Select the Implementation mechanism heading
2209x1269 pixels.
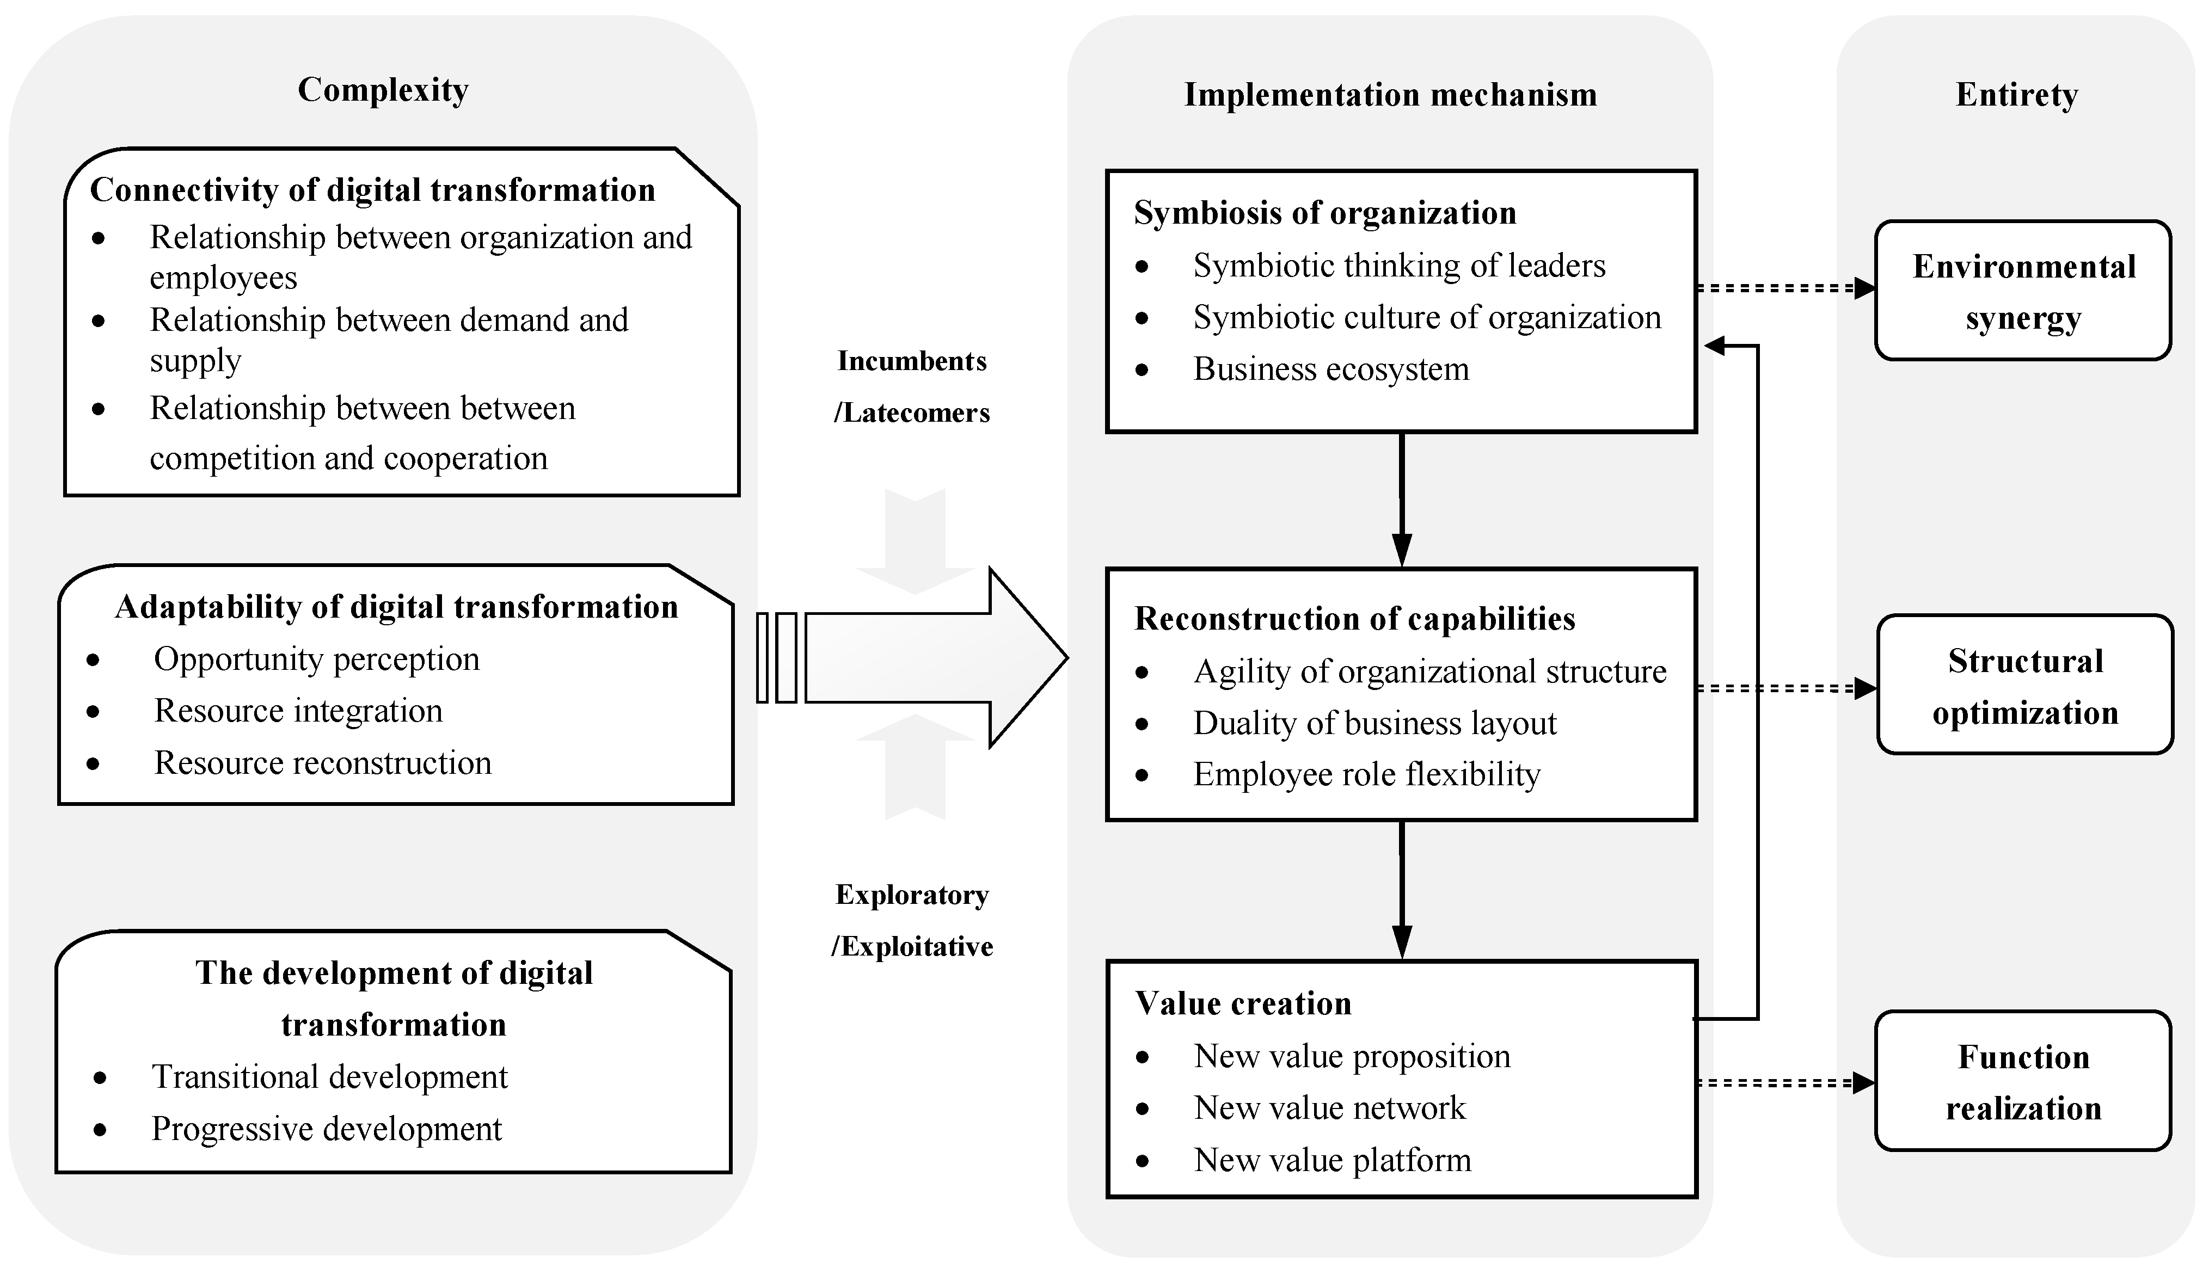pos(1390,94)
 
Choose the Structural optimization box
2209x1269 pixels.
pos(2024,686)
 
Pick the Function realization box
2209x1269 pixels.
pos(2022,1082)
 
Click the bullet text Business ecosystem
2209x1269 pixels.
pos(1330,368)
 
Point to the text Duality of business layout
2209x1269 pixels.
pos(1374,723)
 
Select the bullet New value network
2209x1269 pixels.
pos(1329,1108)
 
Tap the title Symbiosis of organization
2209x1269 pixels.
pos(1324,213)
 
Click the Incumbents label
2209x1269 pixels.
pos(912,361)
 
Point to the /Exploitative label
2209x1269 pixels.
pos(912,946)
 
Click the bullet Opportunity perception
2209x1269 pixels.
pos(316,659)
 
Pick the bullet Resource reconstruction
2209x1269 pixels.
pos(323,762)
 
